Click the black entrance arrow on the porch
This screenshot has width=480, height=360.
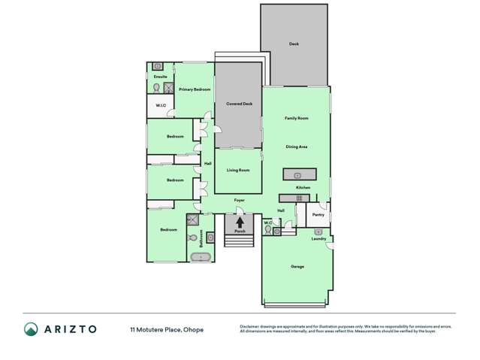tap(240, 222)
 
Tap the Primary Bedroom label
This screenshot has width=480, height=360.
tap(195, 89)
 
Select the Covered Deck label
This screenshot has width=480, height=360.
tap(239, 104)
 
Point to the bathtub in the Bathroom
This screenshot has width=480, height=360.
tap(201, 258)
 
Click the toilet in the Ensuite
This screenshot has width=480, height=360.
tap(156, 88)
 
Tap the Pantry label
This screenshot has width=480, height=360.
tap(318, 215)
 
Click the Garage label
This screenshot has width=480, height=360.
tap(297, 267)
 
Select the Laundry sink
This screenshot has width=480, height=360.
tap(318, 232)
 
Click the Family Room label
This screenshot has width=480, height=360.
tap(296, 119)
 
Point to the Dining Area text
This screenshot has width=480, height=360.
tap(296, 147)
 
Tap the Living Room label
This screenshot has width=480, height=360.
tap(238, 170)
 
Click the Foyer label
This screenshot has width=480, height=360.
tap(239, 200)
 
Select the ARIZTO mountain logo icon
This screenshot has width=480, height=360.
tap(31, 329)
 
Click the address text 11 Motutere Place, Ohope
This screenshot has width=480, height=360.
tap(166, 329)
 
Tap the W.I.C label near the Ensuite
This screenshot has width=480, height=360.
tap(161, 105)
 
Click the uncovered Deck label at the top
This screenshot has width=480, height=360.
tap(294, 44)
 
